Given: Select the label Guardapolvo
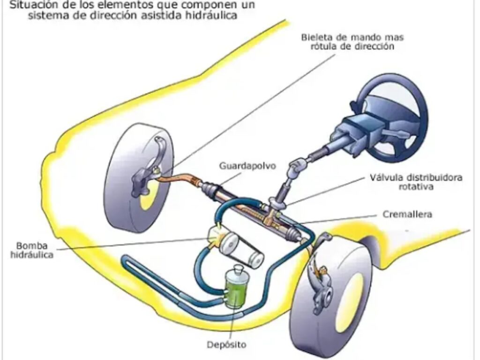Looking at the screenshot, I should [242, 165].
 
